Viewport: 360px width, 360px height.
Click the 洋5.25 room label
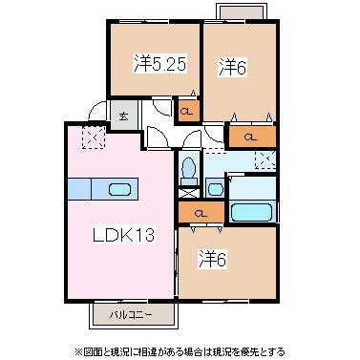[x=159, y=64]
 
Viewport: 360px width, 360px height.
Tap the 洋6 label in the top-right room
[x=233, y=67]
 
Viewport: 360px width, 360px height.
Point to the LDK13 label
[x=123, y=235]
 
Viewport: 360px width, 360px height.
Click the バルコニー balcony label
[x=131, y=315]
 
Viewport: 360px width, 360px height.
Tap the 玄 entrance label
[x=124, y=116]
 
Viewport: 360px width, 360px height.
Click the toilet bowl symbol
[x=188, y=168]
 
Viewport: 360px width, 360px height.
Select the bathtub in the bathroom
[x=251, y=212]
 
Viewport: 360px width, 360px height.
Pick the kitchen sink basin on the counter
[x=119, y=190]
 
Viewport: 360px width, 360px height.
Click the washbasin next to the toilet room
[x=216, y=190]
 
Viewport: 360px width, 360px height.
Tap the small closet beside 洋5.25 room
[x=189, y=111]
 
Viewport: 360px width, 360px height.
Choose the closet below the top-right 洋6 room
[x=252, y=137]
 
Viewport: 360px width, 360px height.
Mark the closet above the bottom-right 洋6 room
[x=201, y=212]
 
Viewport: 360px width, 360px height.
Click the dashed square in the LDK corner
[x=94, y=138]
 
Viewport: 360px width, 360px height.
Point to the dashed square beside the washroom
[x=265, y=159]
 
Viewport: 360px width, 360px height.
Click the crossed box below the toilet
[x=189, y=193]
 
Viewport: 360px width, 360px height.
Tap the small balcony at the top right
[x=242, y=11]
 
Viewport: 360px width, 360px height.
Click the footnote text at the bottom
[x=180, y=352]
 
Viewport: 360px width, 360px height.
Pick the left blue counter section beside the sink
[x=79, y=189]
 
